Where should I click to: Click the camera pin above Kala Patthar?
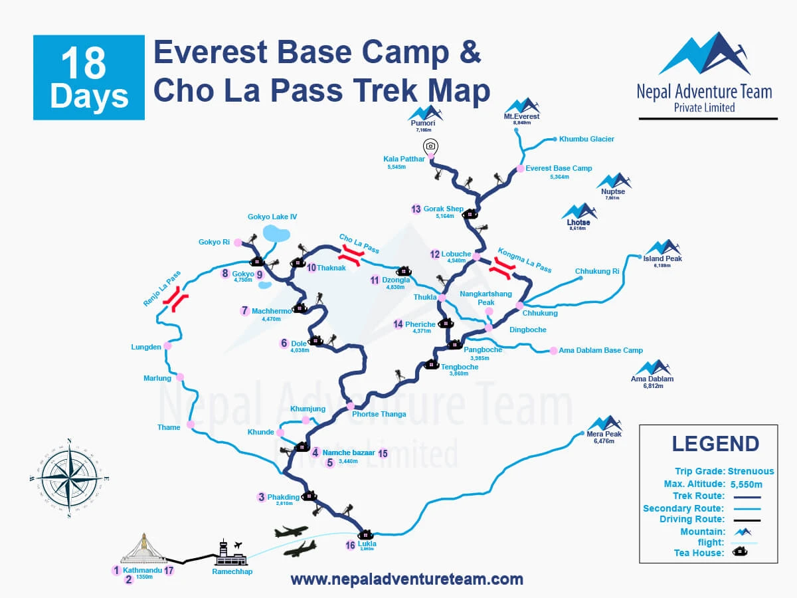430,146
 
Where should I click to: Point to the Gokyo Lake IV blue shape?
277,233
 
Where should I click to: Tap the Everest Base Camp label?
559,169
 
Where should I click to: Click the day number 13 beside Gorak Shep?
416,209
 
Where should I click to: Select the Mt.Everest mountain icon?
521,106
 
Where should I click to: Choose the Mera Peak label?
604,433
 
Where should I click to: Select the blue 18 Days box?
89,78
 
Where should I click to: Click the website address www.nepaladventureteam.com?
406,579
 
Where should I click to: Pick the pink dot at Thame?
191,425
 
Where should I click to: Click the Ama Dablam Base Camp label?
600,351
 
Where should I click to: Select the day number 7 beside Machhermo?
245,310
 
